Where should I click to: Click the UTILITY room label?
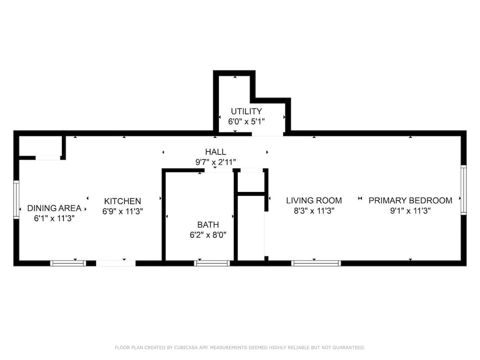(246, 111)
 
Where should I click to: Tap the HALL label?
(216, 152)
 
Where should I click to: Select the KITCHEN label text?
(122, 201)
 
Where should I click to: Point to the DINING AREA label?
(54, 208)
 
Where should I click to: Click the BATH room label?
(208, 225)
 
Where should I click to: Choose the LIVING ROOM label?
(314, 201)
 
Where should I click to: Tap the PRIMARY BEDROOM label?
(410, 201)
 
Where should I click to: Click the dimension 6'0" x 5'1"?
(246, 121)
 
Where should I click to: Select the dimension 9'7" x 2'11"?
(216, 162)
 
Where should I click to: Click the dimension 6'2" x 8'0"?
(208, 235)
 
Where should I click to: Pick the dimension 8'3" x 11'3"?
(314, 211)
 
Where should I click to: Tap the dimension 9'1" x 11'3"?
(410, 211)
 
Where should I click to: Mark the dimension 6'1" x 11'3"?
(54, 218)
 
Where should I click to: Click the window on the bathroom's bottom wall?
(212, 263)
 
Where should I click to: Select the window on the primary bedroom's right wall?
(464, 190)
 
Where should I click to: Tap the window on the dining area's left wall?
(16, 199)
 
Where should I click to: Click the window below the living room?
(316, 263)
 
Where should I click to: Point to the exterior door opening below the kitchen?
(116, 263)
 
